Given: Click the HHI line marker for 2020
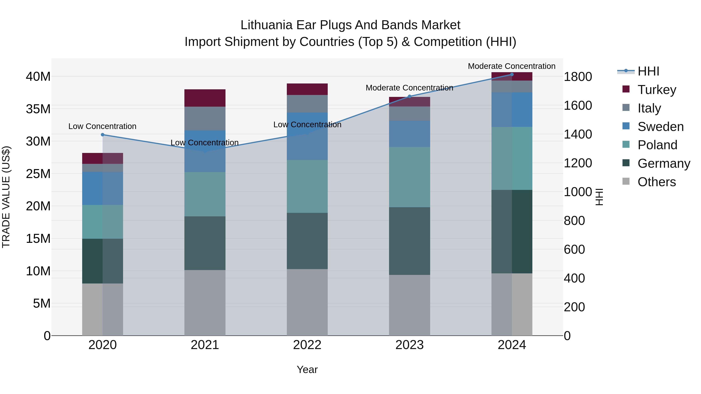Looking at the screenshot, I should [x=103, y=135].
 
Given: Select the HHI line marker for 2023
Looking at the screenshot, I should [x=410, y=96].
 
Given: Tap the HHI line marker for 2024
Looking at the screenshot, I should [x=512, y=75].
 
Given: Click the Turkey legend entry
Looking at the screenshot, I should [x=656, y=90].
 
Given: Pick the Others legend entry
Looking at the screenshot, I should [x=656, y=182].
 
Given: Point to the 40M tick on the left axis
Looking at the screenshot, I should [x=38, y=77].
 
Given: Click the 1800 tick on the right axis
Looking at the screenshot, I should [x=578, y=77].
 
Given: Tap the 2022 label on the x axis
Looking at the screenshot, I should [x=307, y=345].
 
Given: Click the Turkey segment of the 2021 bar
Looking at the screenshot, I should [x=205, y=98].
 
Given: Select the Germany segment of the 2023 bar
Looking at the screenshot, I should [x=410, y=241].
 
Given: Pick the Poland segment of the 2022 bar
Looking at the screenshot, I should [x=307, y=186].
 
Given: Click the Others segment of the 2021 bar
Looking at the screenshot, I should [x=205, y=303].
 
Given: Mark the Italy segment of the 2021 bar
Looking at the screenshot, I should [x=205, y=118].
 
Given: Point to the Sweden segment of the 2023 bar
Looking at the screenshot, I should [x=410, y=134].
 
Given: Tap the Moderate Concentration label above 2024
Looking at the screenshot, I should [x=512, y=66].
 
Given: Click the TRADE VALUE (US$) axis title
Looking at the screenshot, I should [x=6, y=197].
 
